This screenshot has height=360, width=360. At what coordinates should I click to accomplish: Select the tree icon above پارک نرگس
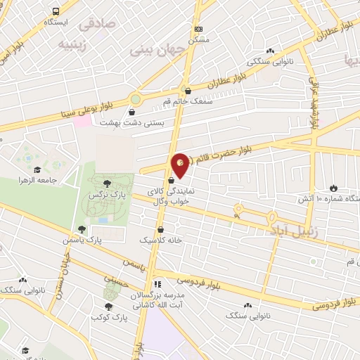point(107,182)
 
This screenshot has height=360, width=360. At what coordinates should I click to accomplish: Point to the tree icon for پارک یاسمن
point(82,229)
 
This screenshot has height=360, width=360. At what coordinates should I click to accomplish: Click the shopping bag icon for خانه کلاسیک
point(162,229)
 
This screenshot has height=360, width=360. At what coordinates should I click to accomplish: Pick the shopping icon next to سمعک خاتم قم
point(186,90)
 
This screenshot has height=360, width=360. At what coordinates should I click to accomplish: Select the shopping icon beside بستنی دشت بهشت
point(133,111)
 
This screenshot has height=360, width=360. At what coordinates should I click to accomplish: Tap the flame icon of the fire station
point(333,188)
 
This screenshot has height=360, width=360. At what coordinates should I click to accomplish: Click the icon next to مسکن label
point(198,29)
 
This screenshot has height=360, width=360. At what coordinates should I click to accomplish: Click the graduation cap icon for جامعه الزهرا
point(36,169)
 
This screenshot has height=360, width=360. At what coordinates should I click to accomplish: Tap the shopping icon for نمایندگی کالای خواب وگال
point(172,181)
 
